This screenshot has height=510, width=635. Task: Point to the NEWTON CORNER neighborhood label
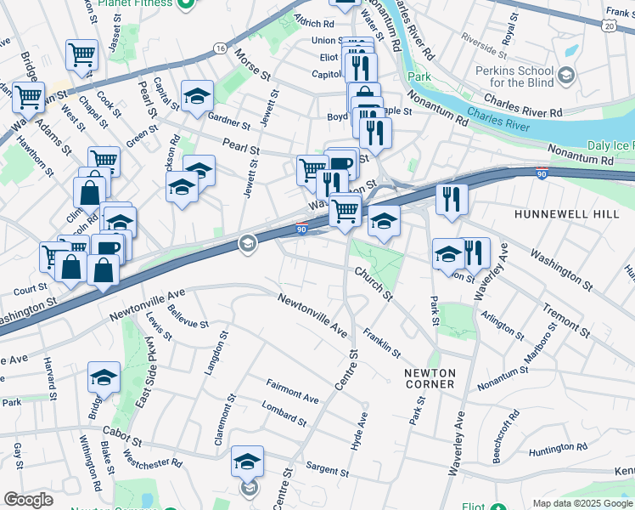tap(430, 378)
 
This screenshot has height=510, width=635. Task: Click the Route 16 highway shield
tap(220, 48)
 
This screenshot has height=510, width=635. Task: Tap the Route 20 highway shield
tap(609, 27)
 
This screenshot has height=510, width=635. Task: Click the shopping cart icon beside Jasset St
tap(82, 56)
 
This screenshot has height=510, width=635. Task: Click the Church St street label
tap(374, 285)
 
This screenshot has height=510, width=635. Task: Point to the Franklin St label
tap(381, 341)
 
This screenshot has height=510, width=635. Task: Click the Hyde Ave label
tap(360, 431)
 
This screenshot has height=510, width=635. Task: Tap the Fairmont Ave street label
tap(292, 392)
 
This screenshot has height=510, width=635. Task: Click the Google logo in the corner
tap(28, 500)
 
